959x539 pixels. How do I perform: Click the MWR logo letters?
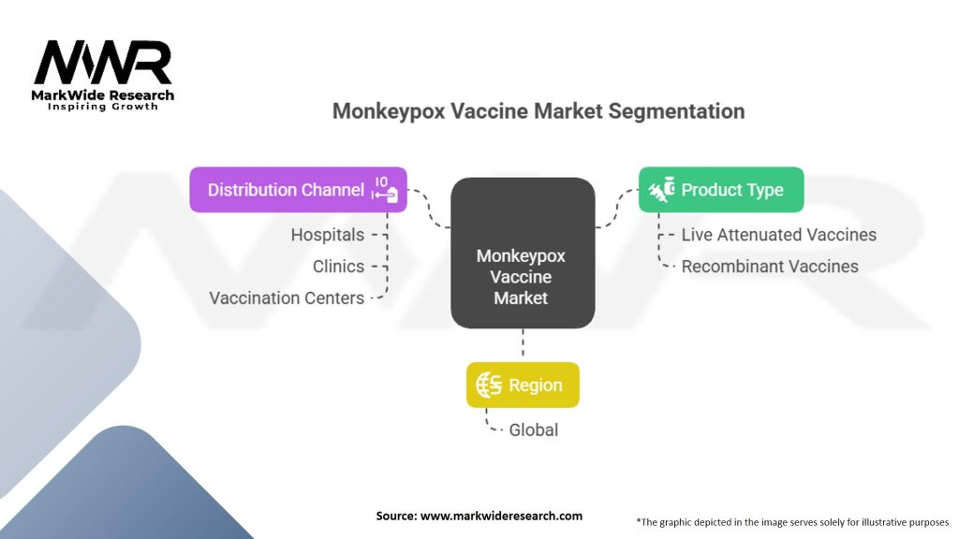(x=103, y=64)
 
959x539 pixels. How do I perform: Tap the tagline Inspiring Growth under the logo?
(x=103, y=107)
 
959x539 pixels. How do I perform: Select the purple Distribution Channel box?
(x=298, y=190)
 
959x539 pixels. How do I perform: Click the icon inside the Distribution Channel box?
(x=385, y=189)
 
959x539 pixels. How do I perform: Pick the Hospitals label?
(x=327, y=235)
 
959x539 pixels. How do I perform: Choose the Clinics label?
(x=338, y=267)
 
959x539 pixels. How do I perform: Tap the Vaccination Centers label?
(x=287, y=299)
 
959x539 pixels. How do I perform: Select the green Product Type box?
(x=720, y=190)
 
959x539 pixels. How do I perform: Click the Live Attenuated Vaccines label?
(x=778, y=235)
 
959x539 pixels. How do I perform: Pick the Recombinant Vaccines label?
(x=769, y=267)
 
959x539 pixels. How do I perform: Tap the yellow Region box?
(x=523, y=385)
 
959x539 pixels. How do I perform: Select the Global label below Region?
(x=533, y=430)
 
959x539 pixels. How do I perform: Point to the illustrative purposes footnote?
(x=792, y=521)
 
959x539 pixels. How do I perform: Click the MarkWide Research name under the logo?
(x=103, y=95)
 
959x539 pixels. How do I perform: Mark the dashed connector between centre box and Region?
(x=523, y=345)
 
